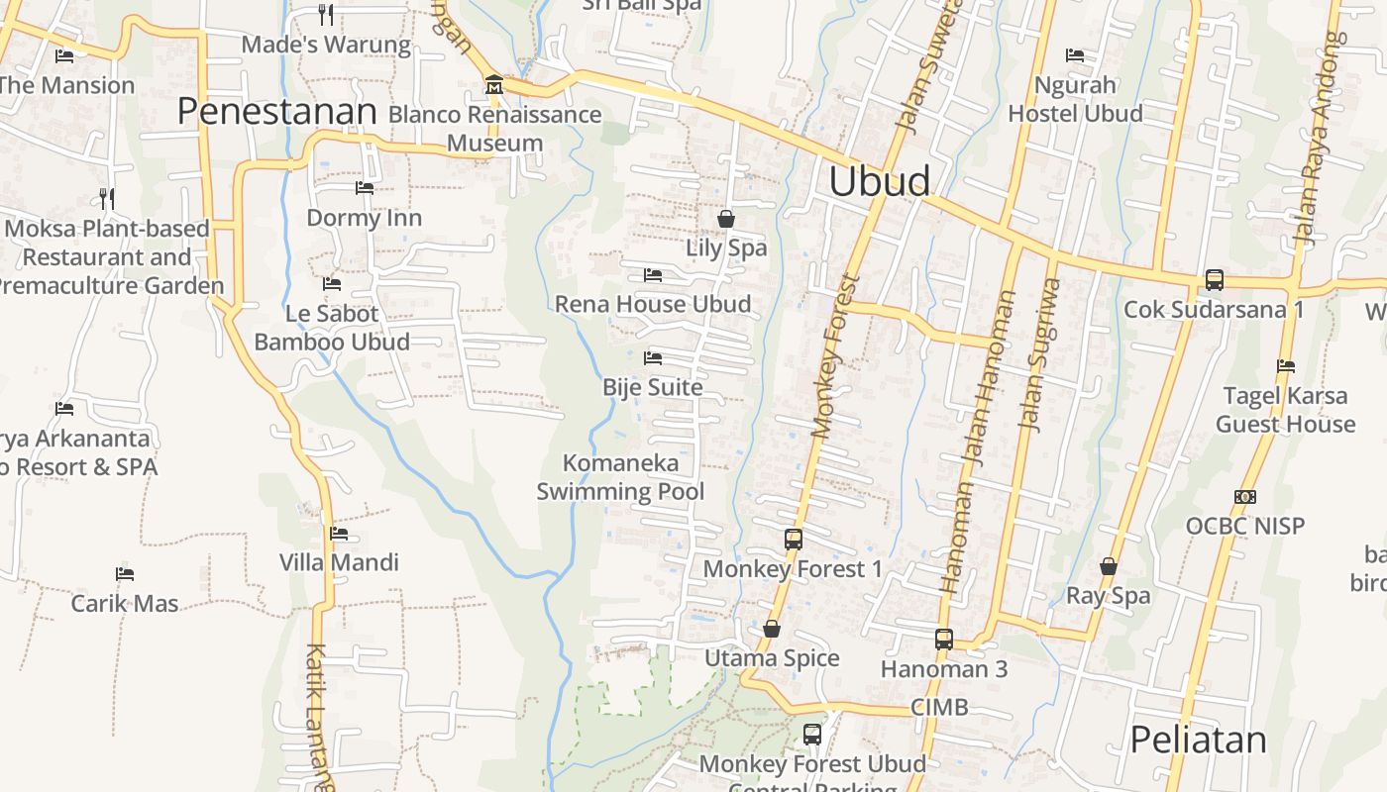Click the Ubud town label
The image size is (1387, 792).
click(880, 182)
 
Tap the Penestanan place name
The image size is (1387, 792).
click(277, 112)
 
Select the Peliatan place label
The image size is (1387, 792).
click(1198, 740)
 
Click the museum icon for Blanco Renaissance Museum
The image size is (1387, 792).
click(493, 85)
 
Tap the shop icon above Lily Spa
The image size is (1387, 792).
click(726, 218)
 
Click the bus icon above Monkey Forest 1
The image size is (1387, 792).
click(793, 540)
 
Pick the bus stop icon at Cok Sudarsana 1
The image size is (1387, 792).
click(1214, 280)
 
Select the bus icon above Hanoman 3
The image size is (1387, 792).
click(943, 640)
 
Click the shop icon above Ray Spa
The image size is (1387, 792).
click(1108, 566)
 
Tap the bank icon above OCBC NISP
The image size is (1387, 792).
click(1244, 496)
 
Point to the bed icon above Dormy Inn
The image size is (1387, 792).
click(364, 188)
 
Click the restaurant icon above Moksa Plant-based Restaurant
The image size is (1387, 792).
click(107, 199)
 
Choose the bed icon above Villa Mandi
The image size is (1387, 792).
click(339, 534)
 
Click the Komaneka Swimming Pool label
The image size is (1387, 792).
click(621, 477)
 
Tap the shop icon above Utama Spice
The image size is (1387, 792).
click(771, 629)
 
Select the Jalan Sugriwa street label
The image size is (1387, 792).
click(1040, 354)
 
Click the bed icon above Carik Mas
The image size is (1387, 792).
click(124, 573)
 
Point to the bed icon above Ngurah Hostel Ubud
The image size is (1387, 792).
click(1074, 55)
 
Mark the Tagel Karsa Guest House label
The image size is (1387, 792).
click(1285, 410)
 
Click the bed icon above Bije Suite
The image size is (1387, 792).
click(652, 357)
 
